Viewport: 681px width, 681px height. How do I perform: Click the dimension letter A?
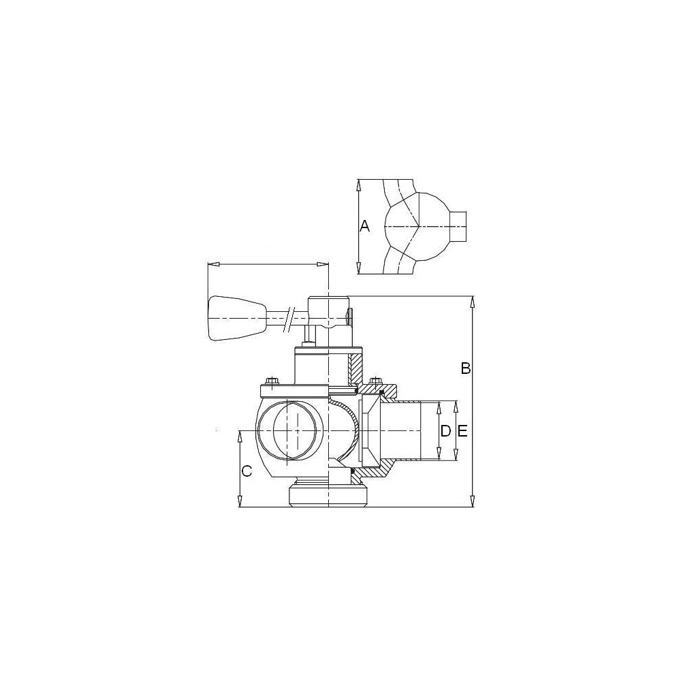pyautogui.click(x=365, y=226)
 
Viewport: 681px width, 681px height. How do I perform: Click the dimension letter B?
pyautogui.click(x=466, y=368)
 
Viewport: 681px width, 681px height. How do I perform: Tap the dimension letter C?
pyautogui.click(x=247, y=471)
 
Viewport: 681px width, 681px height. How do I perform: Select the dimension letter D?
pyautogui.click(x=445, y=431)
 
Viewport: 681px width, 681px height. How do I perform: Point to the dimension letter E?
pyautogui.click(x=462, y=431)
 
